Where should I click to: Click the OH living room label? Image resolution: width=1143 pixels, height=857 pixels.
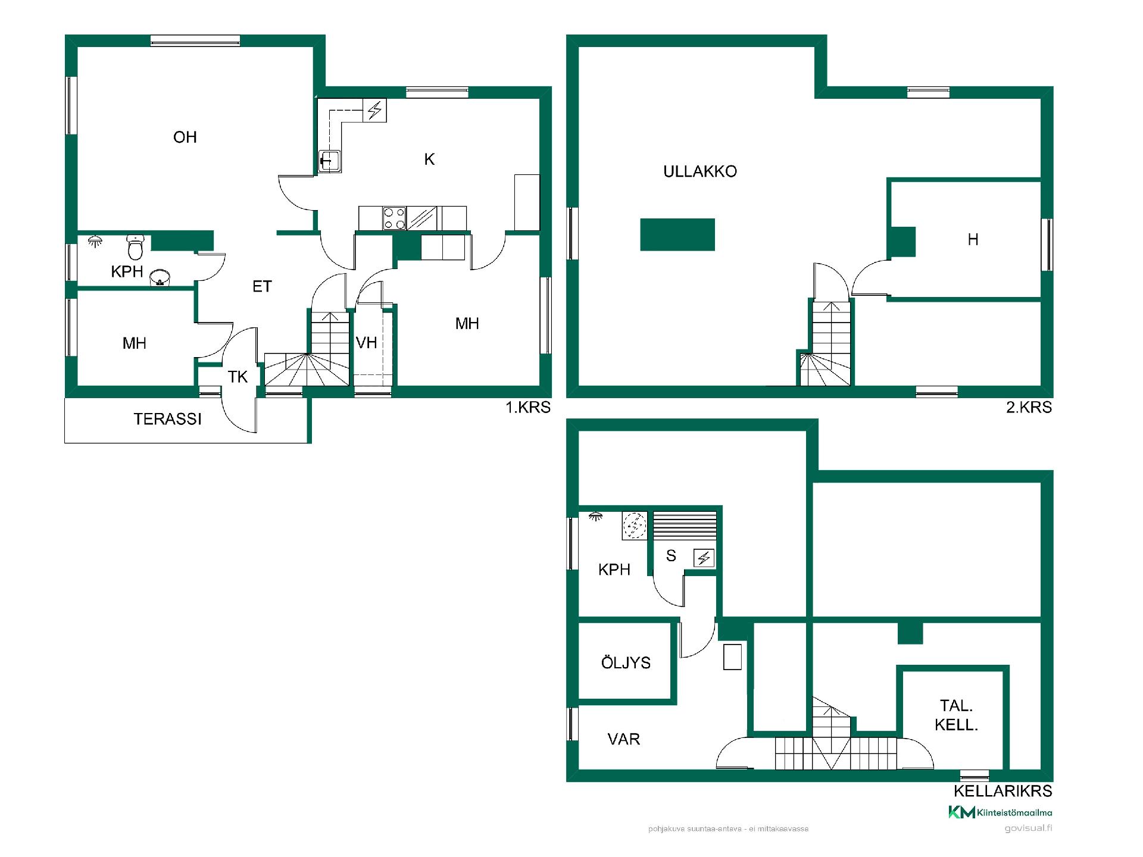(185, 137)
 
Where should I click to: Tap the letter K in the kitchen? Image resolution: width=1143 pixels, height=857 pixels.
(429, 159)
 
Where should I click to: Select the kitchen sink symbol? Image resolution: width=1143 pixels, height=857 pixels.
(329, 160)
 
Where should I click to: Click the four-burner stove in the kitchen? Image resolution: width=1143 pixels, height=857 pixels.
(394, 217)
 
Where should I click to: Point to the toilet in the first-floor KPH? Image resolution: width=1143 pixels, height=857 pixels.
(136, 247)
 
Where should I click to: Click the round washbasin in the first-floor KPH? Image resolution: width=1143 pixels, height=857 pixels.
(160, 277)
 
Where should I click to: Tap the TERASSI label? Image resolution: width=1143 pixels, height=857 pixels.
(167, 419)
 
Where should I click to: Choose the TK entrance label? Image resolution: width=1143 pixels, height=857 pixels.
(238, 377)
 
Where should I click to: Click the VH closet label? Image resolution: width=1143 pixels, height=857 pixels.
(367, 343)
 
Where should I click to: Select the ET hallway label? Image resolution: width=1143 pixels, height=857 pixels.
(262, 287)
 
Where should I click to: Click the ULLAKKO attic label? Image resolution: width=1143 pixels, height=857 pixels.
(700, 171)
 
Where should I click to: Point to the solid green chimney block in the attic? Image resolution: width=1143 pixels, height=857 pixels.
(677, 234)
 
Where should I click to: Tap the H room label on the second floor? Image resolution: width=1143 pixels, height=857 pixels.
(973, 240)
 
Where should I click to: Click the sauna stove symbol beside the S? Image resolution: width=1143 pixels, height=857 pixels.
(704, 558)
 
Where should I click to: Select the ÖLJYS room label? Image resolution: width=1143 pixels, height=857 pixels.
(626, 662)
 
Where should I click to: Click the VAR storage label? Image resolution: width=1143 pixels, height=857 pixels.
(624, 739)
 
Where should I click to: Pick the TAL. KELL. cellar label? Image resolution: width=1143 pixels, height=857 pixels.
(957, 715)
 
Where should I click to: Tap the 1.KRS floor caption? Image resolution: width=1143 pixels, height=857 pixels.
(528, 408)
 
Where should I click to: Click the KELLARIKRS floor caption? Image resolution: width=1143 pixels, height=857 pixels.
(1003, 791)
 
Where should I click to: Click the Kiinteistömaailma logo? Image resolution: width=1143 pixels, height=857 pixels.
(1000, 812)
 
